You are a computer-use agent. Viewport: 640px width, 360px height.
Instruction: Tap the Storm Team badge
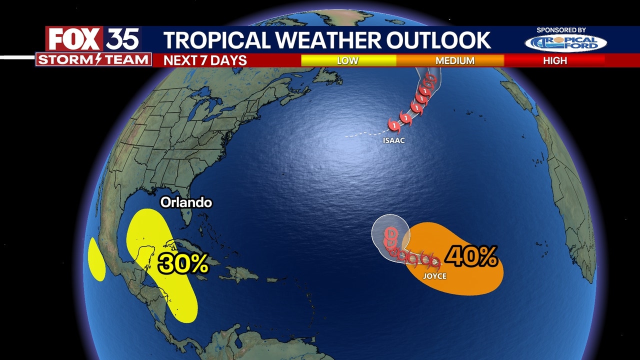coord(93,60)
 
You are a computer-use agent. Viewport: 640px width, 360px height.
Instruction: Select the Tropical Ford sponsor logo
coord(565,43)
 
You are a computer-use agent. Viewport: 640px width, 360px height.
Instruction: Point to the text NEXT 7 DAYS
coord(205,60)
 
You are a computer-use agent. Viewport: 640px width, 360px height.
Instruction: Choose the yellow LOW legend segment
coord(348,60)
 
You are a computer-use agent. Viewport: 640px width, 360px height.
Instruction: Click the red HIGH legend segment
coord(555,60)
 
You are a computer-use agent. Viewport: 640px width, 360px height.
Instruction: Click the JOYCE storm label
coord(434,275)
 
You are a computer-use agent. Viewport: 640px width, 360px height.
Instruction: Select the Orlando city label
coord(186,202)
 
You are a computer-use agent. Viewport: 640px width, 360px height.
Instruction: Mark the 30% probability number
coord(183,263)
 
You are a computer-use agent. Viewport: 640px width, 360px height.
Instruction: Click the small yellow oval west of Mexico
coord(96,259)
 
